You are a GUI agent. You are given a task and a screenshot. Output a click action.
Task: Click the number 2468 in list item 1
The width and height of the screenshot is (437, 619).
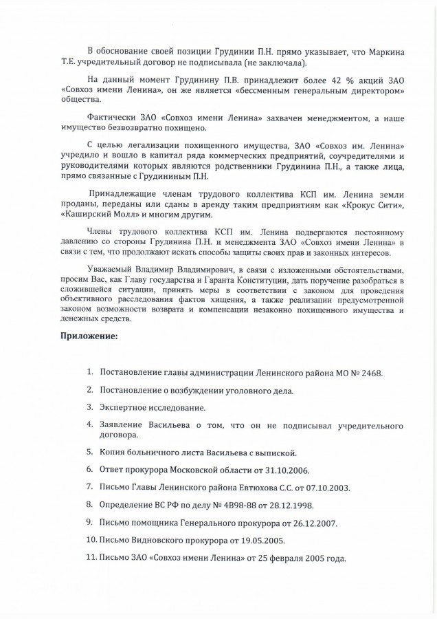pos(369,373)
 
